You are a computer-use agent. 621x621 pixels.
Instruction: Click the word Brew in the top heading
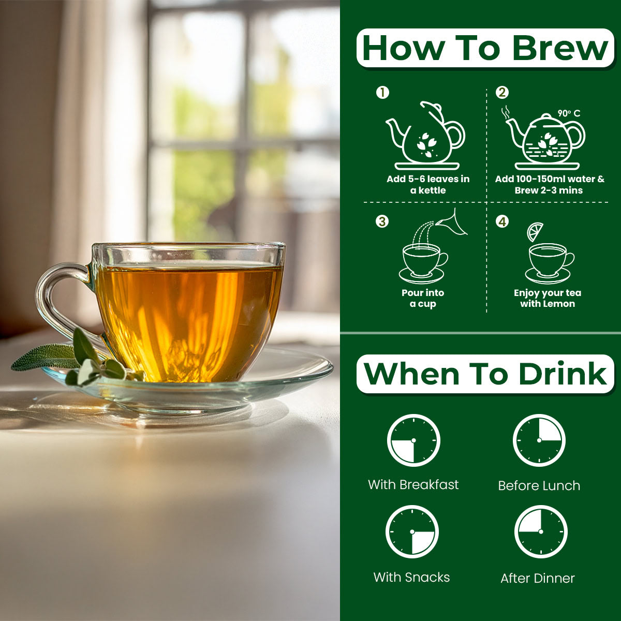pos(560,48)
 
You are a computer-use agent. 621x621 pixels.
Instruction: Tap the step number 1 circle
pos(382,93)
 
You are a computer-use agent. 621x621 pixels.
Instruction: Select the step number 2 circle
pos(502,93)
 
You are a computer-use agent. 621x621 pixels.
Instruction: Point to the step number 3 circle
pos(382,221)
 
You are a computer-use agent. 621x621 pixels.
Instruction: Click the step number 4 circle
pos(502,221)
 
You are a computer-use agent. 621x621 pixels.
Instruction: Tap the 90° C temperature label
pos(569,113)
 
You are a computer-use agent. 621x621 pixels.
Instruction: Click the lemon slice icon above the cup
pos(535,232)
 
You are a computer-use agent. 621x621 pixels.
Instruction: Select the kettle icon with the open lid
pos(425,136)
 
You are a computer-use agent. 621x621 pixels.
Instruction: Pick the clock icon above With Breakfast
pos(413,440)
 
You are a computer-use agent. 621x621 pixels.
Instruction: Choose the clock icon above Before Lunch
pos(539,440)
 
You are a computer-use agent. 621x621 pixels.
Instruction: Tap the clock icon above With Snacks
pos(412,532)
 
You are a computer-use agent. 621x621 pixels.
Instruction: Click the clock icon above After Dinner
pos(541,532)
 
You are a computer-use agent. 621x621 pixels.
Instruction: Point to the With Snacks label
pos(411,578)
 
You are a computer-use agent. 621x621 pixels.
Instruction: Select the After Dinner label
pos(538,579)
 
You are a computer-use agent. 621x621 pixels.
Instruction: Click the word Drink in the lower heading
pos(563,374)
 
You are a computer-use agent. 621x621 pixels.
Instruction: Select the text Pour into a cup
pos(423,298)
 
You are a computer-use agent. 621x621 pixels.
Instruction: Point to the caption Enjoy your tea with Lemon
pos(548,298)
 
